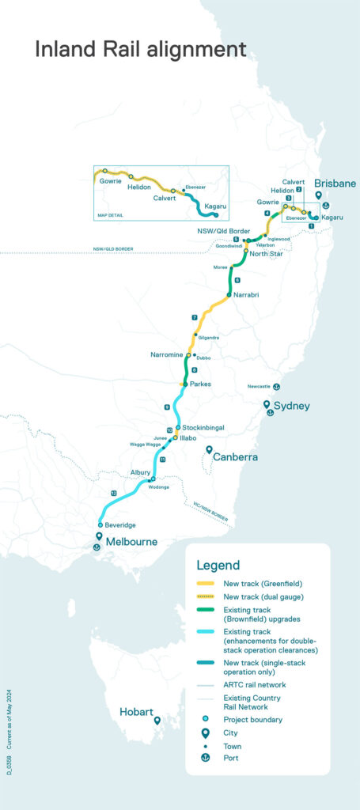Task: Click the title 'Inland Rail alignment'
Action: pos(140,49)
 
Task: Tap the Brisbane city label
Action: pos(335,183)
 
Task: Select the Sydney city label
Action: pos(293,406)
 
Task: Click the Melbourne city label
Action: pos(132,542)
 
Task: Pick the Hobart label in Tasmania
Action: pos(136,711)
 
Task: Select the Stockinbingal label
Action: pos(205,427)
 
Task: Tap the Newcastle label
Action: pos(259,387)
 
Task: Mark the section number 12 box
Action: pos(114,493)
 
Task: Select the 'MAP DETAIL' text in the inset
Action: pos(112,214)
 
